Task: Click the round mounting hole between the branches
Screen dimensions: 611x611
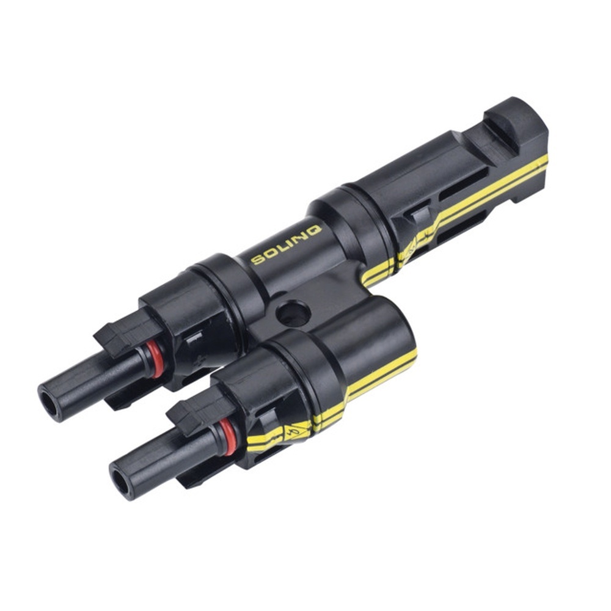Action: [293, 313]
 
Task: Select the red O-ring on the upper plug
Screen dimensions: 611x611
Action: [156, 360]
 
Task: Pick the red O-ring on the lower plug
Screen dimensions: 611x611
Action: [227, 437]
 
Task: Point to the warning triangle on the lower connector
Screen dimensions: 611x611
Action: [299, 431]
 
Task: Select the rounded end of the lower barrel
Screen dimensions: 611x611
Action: [391, 324]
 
